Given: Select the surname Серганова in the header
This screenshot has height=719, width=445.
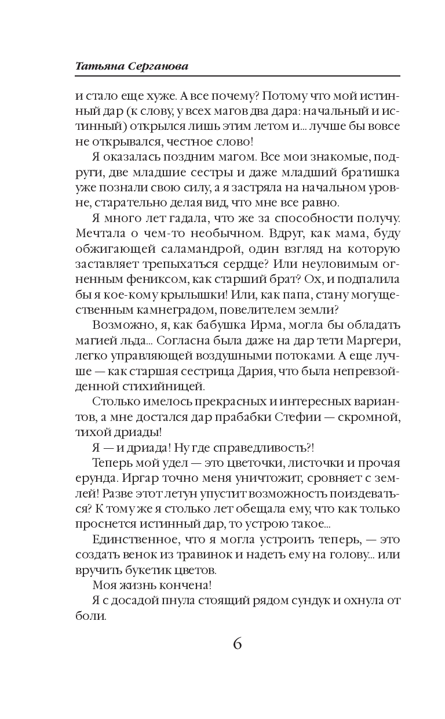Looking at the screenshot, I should point(160,67).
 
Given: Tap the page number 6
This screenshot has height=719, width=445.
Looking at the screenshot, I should point(237,643).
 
